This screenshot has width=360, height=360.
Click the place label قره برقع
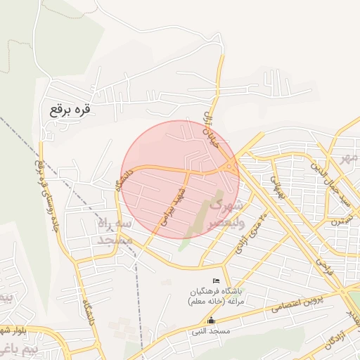pos(71,110)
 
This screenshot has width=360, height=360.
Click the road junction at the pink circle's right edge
pos(232,167)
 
